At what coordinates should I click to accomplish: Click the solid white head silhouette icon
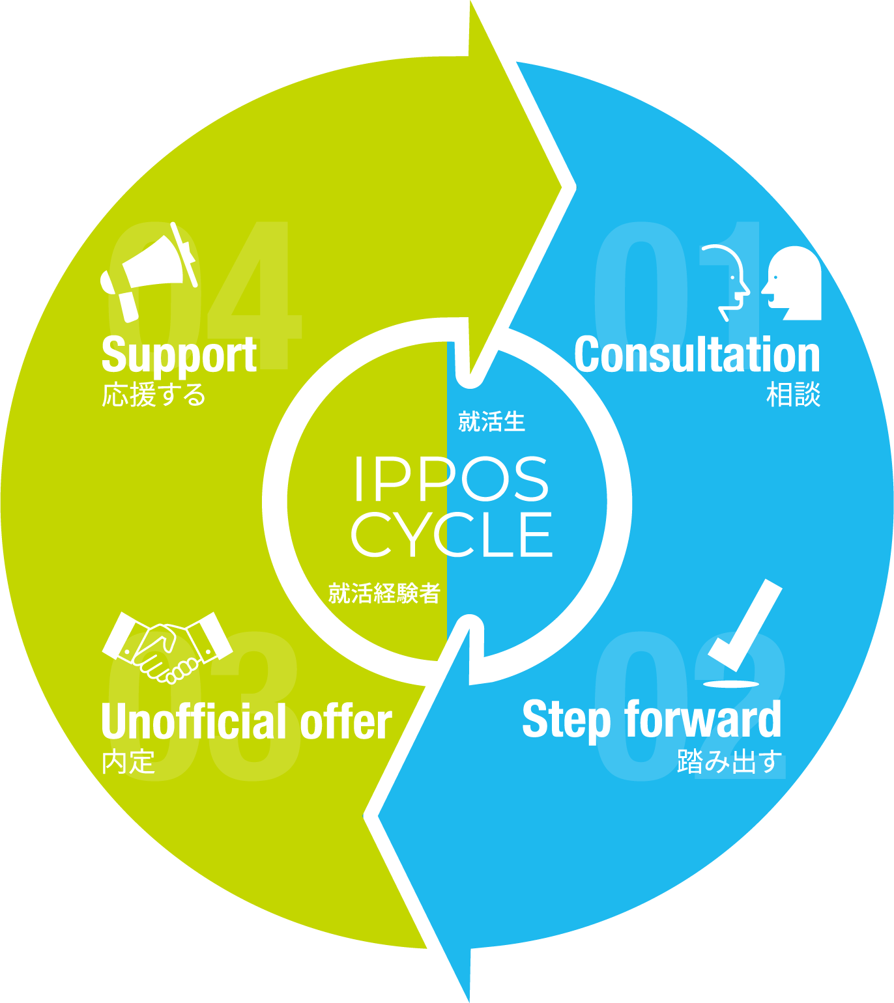point(794,283)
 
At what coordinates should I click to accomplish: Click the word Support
point(179,356)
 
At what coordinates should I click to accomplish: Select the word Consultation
point(697,356)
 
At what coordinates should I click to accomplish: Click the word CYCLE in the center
point(451,535)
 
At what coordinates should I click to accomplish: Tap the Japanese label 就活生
point(491,422)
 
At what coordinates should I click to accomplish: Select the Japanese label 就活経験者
point(384,593)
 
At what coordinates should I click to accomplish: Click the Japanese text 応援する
point(154,395)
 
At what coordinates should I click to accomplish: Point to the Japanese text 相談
point(793,395)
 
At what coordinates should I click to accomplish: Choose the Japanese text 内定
point(128,762)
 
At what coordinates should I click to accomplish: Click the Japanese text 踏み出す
point(729,761)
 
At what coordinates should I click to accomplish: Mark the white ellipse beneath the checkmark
point(732,684)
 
